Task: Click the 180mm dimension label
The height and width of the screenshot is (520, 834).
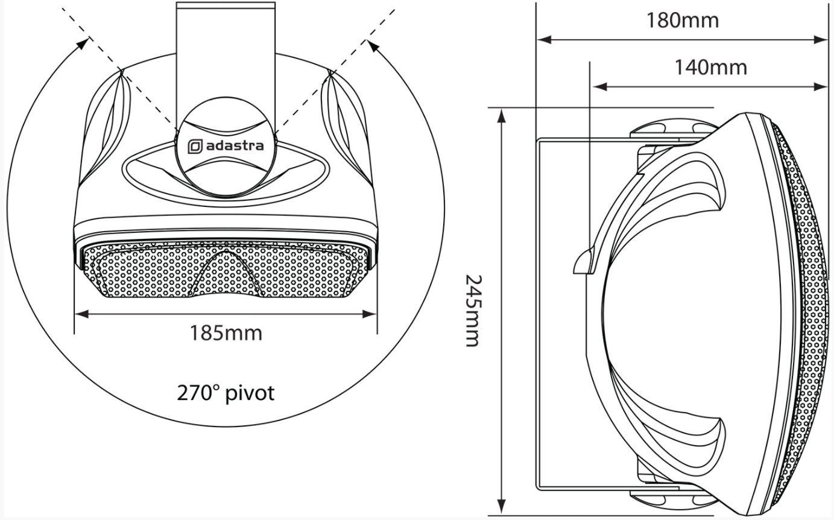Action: click(683, 20)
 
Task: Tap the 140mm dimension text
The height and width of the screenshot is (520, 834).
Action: click(711, 68)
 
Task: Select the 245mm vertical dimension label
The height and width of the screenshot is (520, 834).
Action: click(474, 311)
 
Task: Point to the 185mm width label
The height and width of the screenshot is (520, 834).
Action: click(226, 332)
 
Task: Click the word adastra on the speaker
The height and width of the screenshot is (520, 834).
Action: click(235, 145)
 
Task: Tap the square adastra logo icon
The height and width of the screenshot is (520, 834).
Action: click(195, 147)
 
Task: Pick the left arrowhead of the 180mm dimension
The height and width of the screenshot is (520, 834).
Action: click(544, 39)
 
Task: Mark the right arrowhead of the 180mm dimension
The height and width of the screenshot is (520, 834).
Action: click(821, 39)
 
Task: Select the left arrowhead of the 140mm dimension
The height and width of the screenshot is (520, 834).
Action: click(600, 87)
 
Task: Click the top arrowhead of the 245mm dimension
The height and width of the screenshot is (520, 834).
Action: click(502, 116)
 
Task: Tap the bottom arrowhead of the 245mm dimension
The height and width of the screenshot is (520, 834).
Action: click(502, 507)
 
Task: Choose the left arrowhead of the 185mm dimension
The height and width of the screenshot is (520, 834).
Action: click(82, 314)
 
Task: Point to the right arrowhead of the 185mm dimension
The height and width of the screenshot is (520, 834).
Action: click(369, 314)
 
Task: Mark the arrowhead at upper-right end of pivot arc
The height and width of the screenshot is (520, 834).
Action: click(373, 45)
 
